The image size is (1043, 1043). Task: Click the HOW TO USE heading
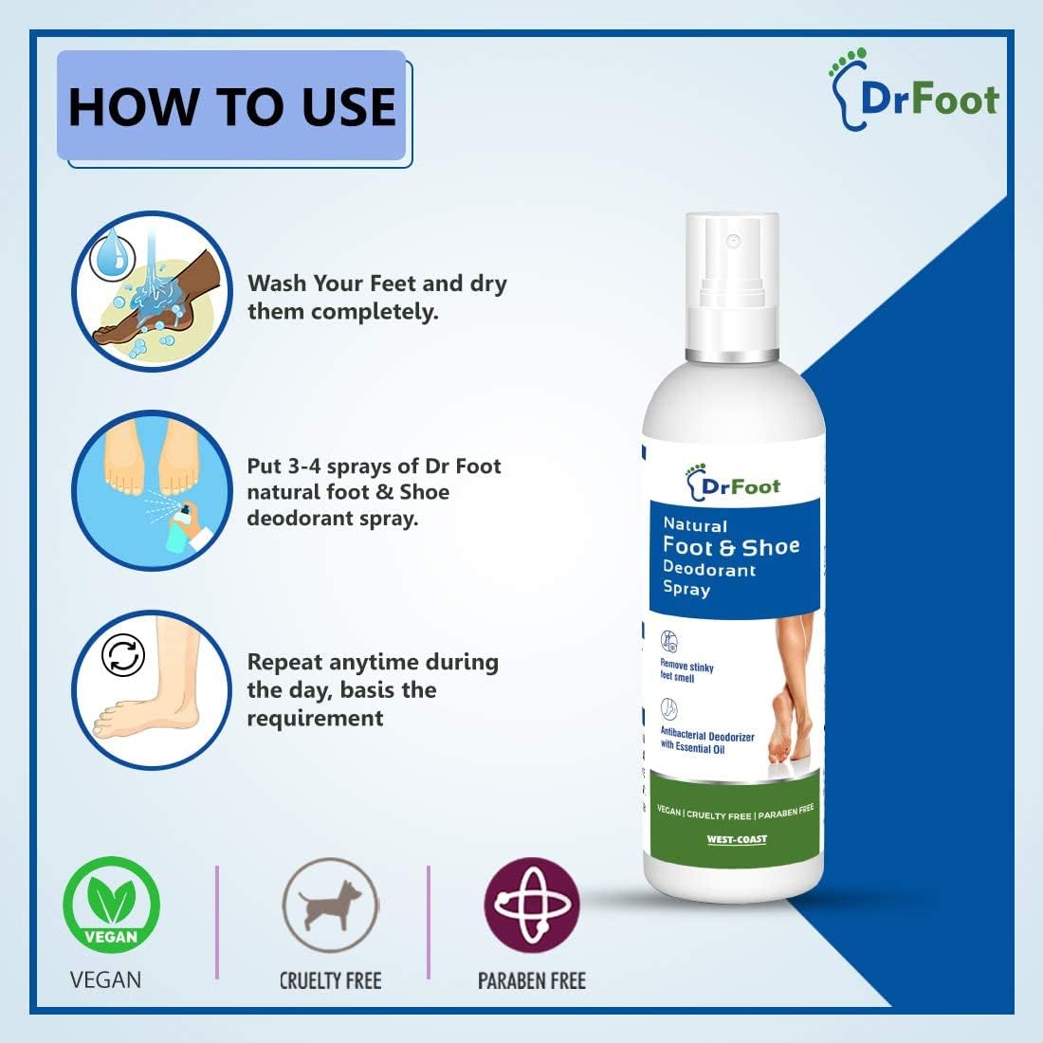(232, 106)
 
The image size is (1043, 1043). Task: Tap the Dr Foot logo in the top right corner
(914, 90)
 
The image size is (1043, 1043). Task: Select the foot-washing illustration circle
(153, 291)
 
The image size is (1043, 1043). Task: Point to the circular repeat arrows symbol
(123, 655)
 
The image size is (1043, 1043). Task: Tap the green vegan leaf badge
(111, 905)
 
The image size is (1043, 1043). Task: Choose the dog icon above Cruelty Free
(331, 906)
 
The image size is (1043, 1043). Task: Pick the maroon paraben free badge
(532, 905)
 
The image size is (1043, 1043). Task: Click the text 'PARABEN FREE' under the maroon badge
(532, 980)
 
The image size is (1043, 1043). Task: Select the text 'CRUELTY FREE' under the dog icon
(331, 980)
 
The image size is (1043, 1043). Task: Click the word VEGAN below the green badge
(106, 979)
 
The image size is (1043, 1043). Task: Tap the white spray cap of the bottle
(732, 286)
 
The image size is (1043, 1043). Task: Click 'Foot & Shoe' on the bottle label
(731, 546)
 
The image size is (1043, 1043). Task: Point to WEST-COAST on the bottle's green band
(737, 839)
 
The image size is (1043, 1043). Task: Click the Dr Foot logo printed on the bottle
(732, 483)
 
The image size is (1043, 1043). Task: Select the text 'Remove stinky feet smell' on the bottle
(686, 671)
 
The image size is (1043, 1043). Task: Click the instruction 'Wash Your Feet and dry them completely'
(377, 298)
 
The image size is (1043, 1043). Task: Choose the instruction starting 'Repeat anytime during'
(373, 689)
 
